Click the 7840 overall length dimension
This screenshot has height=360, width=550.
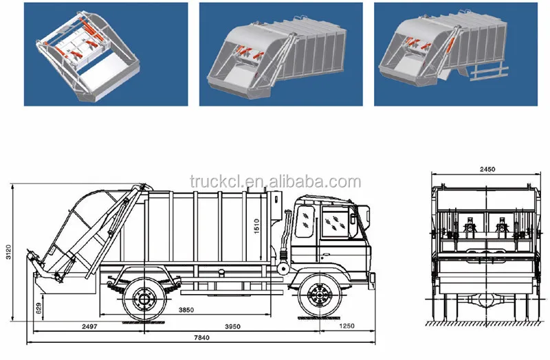[x=201, y=337]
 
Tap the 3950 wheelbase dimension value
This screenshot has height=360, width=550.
[x=232, y=327]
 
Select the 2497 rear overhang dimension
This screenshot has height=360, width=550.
[x=89, y=326]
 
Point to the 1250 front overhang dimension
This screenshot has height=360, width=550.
[x=346, y=326]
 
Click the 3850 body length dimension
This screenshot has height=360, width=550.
[x=186, y=310]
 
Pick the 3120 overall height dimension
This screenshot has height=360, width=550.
[x=9, y=252]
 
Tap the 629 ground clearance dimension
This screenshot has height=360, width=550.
[x=38, y=308]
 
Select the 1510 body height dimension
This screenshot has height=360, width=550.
[x=256, y=226]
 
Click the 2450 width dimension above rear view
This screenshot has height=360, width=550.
[x=487, y=169]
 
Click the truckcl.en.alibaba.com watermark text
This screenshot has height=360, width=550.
[x=276, y=181]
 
